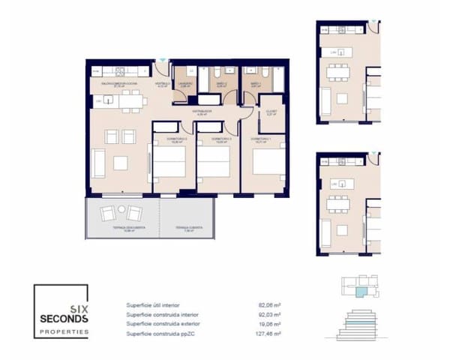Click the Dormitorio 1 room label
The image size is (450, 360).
coord(260,139)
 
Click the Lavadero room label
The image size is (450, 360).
coord(185,84)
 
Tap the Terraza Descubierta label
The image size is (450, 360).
coord(118,228)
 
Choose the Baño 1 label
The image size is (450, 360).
coord(256,84)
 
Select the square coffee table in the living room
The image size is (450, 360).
coord(120,162)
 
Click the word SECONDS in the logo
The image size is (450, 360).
coord(64,318)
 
